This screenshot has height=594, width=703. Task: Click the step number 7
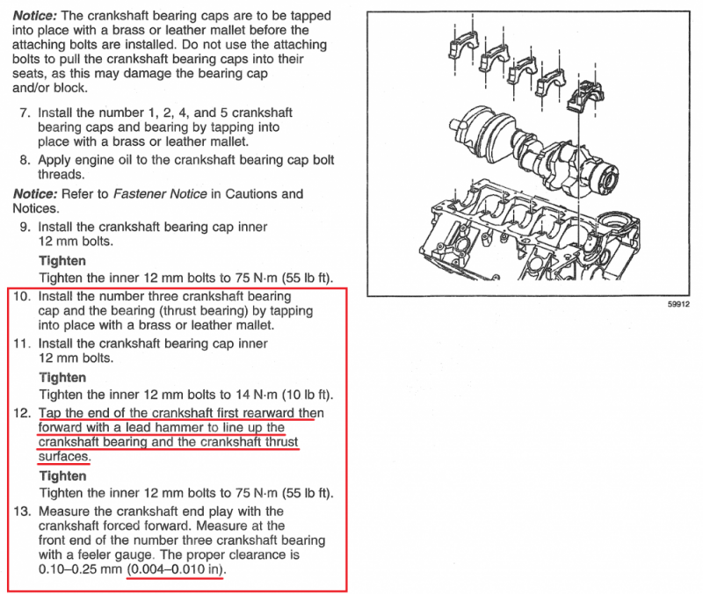point(25,112)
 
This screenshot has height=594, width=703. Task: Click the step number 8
point(25,160)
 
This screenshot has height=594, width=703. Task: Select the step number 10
point(22,296)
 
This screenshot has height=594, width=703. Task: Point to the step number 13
point(22,511)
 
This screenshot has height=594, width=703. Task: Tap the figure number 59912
point(678,304)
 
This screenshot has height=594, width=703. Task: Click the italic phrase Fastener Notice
point(160,194)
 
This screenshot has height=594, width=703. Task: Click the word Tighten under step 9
point(62,261)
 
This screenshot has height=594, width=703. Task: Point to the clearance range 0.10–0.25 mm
point(80,569)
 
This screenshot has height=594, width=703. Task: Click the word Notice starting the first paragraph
point(35,16)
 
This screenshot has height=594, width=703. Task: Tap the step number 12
point(22,413)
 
